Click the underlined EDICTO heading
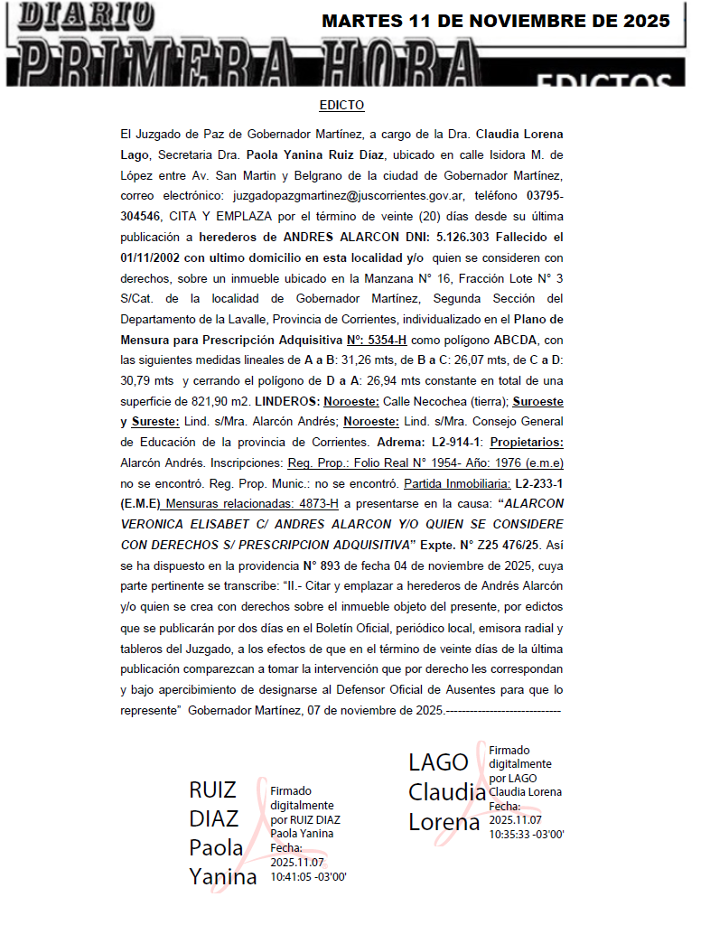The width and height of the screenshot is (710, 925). [x=341, y=106]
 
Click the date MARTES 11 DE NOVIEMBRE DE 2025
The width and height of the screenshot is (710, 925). [x=496, y=21]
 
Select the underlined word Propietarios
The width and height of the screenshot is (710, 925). [x=526, y=444]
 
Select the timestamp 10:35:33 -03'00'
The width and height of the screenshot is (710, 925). [x=527, y=834]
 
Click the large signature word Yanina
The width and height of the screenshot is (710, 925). [x=222, y=875]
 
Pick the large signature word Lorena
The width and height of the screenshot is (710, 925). [x=444, y=822]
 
